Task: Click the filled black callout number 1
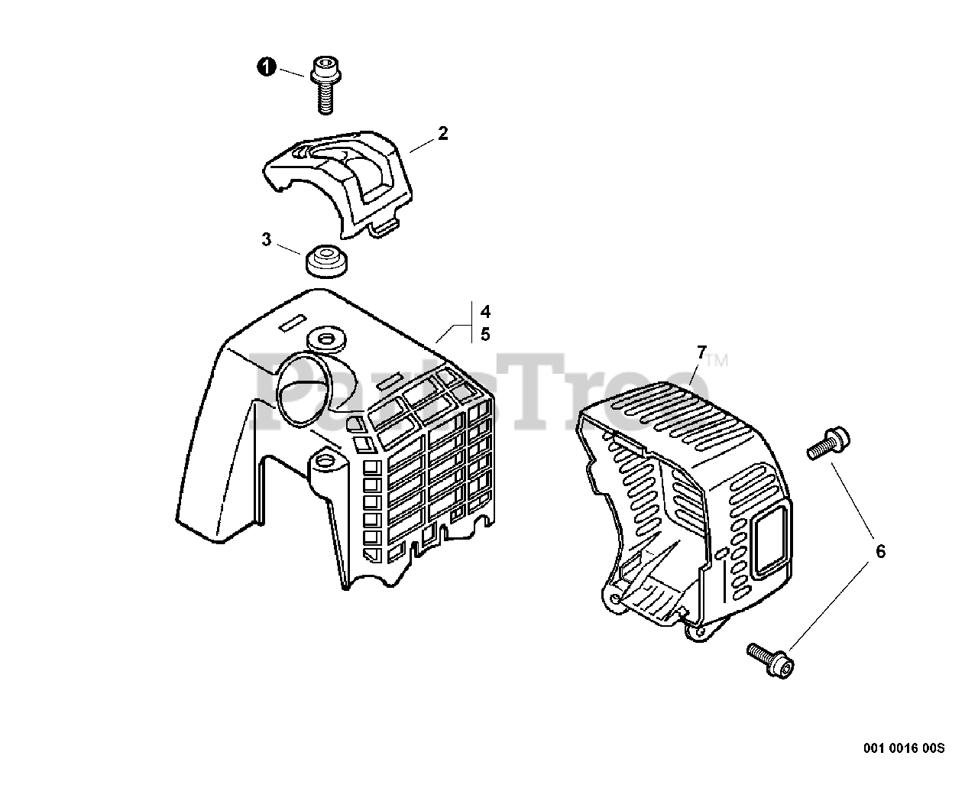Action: click(x=266, y=67)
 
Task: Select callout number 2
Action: click(x=442, y=134)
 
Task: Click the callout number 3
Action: click(x=266, y=239)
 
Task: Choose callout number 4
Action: click(x=486, y=312)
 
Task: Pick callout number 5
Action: click(x=486, y=334)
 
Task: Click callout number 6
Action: click(x=880, y=550)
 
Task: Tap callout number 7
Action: click(x=701, y=352)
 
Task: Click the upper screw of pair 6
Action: click(x=828, y=443)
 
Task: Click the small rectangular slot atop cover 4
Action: click(x=292, y=323)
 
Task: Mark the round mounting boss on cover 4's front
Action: click(x=326, y=462)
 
